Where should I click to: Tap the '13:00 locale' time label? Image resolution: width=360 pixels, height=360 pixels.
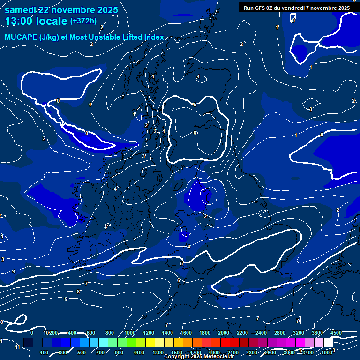(x=36, y=21)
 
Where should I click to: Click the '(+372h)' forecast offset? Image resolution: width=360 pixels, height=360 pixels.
(x=83, y=21)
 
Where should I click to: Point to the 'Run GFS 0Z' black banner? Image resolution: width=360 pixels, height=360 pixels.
(x=297, y=7)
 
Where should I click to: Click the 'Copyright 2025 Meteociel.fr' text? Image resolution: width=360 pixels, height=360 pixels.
(x=199, y=357)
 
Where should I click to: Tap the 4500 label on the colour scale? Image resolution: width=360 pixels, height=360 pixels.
(x=336, y=332)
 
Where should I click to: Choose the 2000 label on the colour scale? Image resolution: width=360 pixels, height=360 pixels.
(x=224, y=332)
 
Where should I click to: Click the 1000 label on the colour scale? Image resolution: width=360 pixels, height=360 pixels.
(x=129, y=332)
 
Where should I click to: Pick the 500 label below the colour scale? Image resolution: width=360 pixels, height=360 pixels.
(x=82, y=352)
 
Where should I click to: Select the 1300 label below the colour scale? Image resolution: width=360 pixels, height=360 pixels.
(x=157, y=352)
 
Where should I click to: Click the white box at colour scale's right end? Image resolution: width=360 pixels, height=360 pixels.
(x=328, y=343)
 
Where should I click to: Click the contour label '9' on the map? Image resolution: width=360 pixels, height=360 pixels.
(x=66, y=299)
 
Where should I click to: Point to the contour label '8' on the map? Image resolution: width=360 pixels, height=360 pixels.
(x=78, y=292)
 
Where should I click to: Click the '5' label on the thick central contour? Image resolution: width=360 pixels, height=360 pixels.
(x=195, y=105)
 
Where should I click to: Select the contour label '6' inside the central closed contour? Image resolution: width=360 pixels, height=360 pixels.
(x=195, y=133)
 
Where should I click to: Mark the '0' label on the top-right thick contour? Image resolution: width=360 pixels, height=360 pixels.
(x=293, y=21)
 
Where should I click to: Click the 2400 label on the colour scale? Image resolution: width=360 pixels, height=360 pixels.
(x=261, y=332)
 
